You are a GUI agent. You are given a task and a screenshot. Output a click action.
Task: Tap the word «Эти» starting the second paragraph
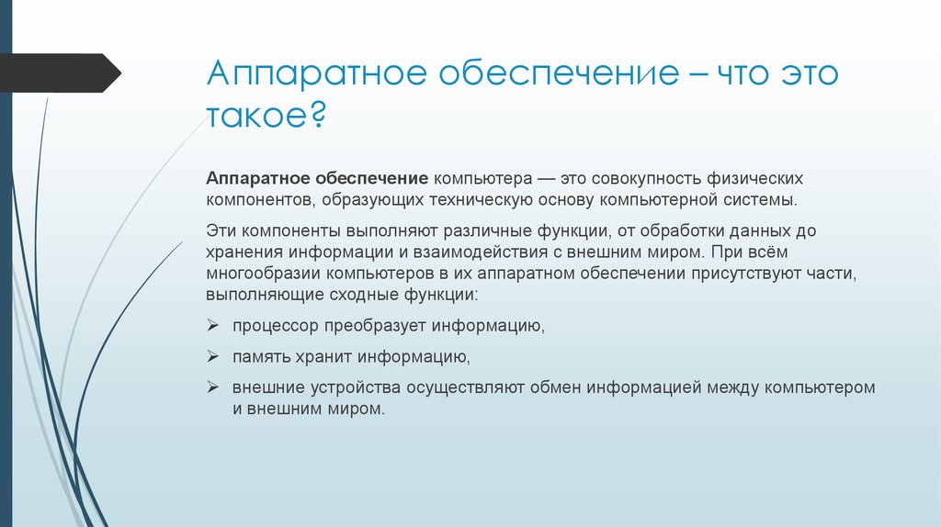coord(221,230)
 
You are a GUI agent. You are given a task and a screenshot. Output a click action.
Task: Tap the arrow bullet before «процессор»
coord(212,326)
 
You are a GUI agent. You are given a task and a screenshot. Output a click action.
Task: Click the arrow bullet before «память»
coord(212,356)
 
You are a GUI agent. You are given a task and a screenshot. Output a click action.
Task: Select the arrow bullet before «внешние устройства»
coord(212,387)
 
